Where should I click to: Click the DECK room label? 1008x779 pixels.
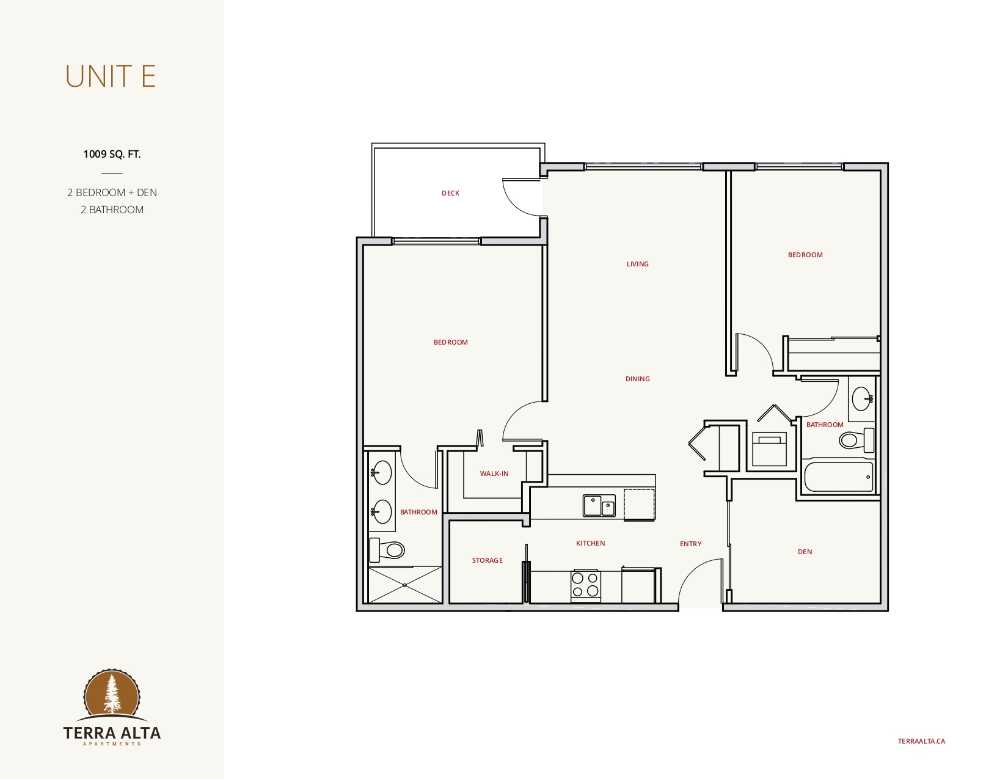point(450,193)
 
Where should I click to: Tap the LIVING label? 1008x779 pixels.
point(637,264)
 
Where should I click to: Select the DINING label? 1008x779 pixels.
point(637,379)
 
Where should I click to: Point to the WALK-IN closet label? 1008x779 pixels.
point(494,474)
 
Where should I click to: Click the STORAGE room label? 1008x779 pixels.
point(487,560)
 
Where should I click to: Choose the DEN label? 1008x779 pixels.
point(805,552)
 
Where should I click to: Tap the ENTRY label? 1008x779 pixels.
point(691,544)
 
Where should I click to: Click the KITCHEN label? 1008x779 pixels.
point(590,543)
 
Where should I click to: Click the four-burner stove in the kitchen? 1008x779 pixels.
point(585,585)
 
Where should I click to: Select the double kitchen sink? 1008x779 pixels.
point(599,505)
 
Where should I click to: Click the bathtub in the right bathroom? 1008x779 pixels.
point(839,477)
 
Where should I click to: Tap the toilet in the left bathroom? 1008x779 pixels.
point(387,550)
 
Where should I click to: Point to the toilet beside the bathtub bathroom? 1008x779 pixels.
point(856,439)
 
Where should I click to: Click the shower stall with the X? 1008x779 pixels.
point(405,585)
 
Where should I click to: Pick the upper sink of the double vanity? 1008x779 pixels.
point(381,472)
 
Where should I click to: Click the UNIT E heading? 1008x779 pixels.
point(111,76)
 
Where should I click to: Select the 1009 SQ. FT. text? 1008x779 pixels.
point(112,154)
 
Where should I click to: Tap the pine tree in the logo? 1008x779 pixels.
point(111,693)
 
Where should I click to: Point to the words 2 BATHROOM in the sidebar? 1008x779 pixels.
point(112,210)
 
